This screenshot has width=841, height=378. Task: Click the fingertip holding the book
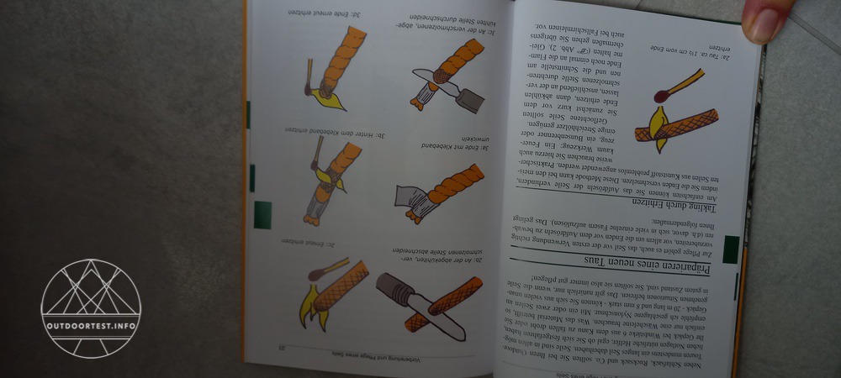(768, 20)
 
